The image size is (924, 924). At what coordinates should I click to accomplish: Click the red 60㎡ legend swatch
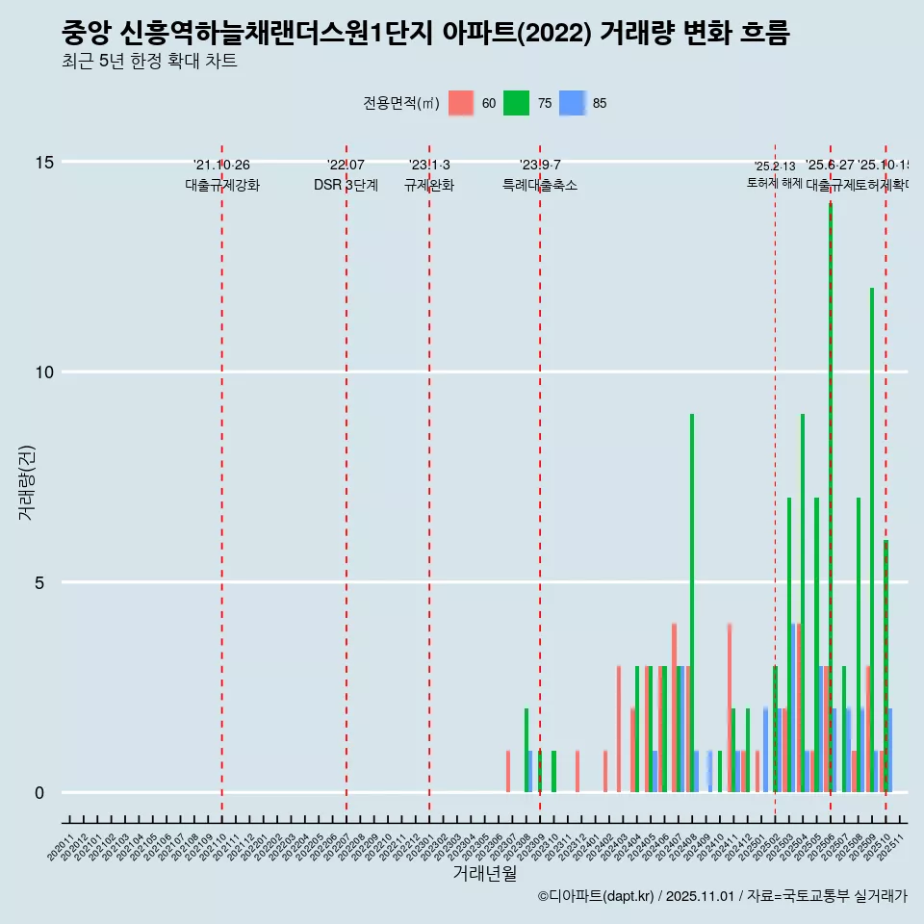coord(462,103)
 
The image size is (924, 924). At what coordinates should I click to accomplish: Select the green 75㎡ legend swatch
coord(517,103)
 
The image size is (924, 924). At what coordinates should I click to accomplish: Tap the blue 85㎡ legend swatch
coord(573,103)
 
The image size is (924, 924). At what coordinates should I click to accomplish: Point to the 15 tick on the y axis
coord(43,162)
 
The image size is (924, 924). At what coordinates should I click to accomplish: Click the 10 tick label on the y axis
coord(43,372)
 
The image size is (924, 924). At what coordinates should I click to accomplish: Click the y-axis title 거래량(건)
coord(27,481)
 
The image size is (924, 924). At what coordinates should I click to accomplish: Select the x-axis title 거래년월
coord(485,874)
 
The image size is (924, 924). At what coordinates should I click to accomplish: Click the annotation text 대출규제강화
coord(222,185)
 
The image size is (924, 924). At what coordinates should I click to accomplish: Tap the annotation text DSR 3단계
coord(346,185)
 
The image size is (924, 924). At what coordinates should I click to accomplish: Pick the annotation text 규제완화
coord(428,185)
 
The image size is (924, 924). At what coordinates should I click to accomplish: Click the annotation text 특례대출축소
coord(540,185)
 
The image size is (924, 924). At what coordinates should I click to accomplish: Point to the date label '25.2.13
coord(775,167)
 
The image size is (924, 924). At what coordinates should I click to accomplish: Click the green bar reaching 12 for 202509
coord(872,539)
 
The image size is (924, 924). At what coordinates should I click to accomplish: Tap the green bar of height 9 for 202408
coord(692,603)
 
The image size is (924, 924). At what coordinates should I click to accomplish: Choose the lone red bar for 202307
coord(508,771)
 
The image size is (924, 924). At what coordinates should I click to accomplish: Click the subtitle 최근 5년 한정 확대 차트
coord(149,61)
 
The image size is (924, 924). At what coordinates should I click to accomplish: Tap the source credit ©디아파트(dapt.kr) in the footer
coord(596,896)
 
